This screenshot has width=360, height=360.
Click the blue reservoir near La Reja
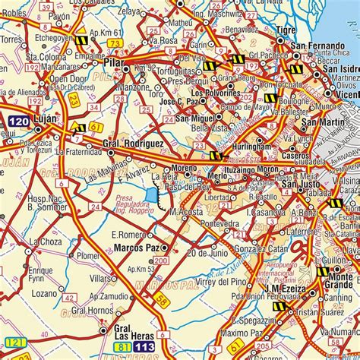tap(153, 199)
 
